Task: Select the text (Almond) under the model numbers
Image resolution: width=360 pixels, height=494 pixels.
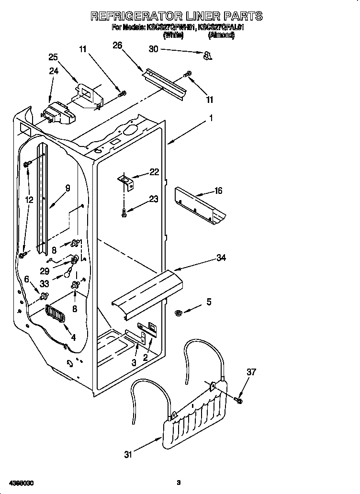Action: (220, 35)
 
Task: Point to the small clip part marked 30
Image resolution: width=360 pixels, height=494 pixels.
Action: (207, 56)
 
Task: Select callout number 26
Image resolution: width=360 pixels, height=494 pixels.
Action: (117, 45)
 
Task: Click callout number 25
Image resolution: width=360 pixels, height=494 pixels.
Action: (53, 57)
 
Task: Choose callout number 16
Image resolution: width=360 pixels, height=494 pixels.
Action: (218, 191)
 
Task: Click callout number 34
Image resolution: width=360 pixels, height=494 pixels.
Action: (221, 258)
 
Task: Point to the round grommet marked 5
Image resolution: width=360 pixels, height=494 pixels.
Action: (179, 313)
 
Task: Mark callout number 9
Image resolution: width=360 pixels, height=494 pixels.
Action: (67, 188)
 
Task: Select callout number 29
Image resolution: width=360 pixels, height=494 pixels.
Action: (45, 270)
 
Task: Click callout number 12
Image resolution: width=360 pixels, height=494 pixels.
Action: (29, 200)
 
